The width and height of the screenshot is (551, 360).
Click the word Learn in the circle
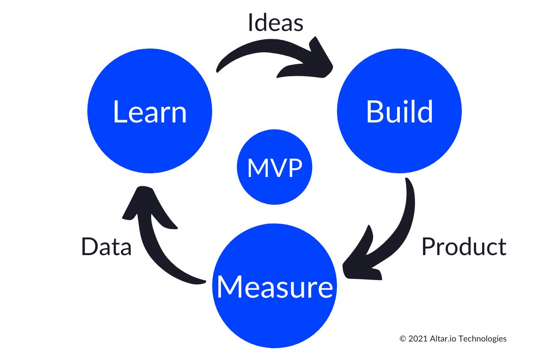[x=149, y=112]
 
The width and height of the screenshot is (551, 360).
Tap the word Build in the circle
[x=399, y=111]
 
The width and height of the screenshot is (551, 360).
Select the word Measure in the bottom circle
[x=275, y=287]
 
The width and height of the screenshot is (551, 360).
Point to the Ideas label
[x=275, y=23]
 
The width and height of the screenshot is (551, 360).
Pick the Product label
[x=464, y=247]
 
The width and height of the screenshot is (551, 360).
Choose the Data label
[x=106, y=247]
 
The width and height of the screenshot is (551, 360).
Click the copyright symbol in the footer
[x=402, y=339]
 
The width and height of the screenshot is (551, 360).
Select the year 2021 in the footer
[x=416, y=339]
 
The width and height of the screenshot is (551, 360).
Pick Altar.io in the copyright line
[x=443, y=339]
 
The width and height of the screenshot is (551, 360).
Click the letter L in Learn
[x=119, y=112]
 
